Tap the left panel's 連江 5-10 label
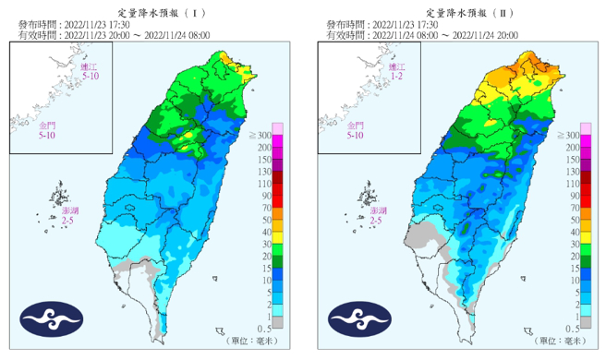tap(88, 73)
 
